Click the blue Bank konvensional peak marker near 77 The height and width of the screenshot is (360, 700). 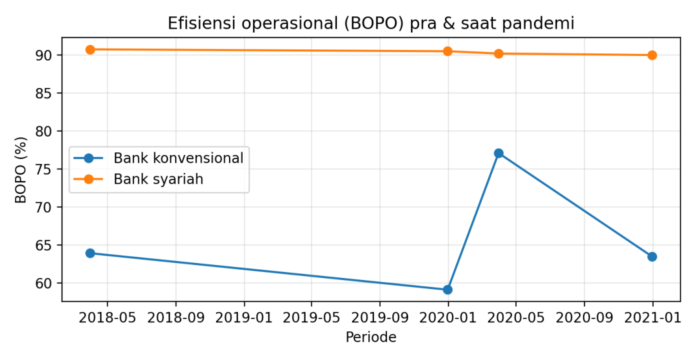pos(498,153)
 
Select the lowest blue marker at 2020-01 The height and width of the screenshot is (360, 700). pos(448,290)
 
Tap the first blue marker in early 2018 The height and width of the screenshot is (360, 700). pos(90,253)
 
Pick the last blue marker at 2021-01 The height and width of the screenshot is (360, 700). pos(652,257)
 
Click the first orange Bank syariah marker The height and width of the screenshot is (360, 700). pos(90,49)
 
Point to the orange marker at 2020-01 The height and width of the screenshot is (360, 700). pos(448,51)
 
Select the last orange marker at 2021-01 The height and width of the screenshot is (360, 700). pos(652,55)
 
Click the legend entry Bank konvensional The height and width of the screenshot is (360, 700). pos(178,158)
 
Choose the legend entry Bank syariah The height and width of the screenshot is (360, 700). pos(159,179)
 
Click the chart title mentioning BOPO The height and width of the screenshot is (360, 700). pos(371,23)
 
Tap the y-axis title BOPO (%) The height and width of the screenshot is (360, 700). pos(21,169)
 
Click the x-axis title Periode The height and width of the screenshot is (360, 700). pos(371,337)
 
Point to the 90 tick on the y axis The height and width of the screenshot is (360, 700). pos(45,55)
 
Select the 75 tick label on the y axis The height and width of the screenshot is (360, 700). pos(45,169)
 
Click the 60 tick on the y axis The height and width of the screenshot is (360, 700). pos(45,283)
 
